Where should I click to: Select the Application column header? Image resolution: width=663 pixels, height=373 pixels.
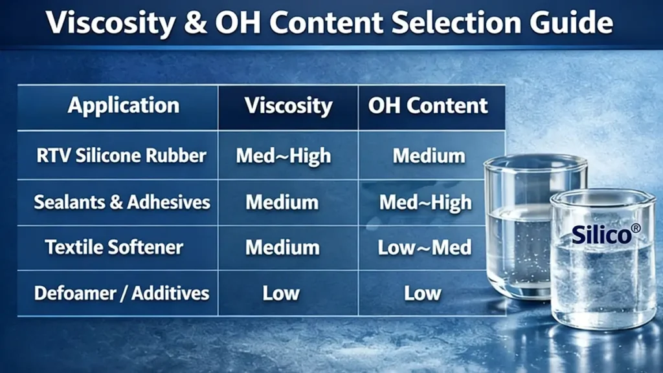tap(123, 105)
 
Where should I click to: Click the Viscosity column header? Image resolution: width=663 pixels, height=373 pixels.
tap(288, 105)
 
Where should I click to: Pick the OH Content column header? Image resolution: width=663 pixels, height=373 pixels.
tap(428, 105)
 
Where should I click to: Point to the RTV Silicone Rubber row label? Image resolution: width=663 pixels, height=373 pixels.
tap(122, 156)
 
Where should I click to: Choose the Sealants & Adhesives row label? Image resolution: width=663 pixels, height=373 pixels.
tap(122, 202)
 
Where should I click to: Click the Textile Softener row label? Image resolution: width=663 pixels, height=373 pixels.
tap(114, 248)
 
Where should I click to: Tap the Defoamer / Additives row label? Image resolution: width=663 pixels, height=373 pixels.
tap(122, 293)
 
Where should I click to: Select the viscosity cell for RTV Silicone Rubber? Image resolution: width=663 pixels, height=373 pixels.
tap(284, 156)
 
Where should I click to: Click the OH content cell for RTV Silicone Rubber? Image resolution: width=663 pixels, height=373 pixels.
tap(429, 156)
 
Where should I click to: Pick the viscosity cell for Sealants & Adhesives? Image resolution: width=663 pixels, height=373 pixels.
tap(282, 202)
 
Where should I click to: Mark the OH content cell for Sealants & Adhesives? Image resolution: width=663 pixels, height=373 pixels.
tap(425, 202)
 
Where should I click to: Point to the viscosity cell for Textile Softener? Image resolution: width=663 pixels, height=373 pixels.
tap(282, 248)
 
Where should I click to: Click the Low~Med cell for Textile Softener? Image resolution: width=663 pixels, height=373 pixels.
tap(425, 248)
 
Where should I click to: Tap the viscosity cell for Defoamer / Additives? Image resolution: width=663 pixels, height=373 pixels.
tap(281, 293)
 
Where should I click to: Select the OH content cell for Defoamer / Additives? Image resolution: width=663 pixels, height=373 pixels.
tap(423, 293)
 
